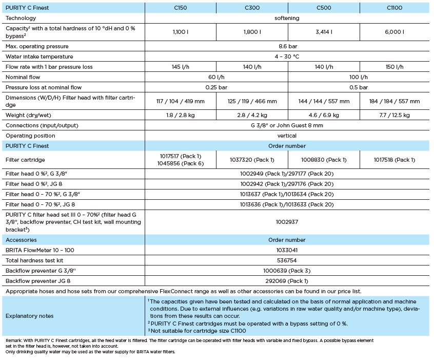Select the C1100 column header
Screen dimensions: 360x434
coord(394,8)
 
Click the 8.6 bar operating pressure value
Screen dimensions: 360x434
coord(287,46)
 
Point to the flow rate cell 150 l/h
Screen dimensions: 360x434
coord(394,67)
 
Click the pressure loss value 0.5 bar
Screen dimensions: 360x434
coord(359,87)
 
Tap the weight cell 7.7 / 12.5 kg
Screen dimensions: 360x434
coord(394,115)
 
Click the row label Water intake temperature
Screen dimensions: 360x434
coord(39,56)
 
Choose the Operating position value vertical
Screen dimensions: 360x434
coord(287,136)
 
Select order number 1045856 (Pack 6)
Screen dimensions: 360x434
coord(180,163)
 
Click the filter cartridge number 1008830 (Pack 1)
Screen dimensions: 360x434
coord(324,160)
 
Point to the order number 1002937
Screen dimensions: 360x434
coord(287,222)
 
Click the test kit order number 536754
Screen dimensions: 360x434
coord(287,260)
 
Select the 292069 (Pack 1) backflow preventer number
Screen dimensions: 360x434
coord(287,281)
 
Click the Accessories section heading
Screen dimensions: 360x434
coord(21,240)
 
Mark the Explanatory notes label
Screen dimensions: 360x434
coord(30,316)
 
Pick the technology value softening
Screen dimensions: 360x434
coord(287,18)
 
